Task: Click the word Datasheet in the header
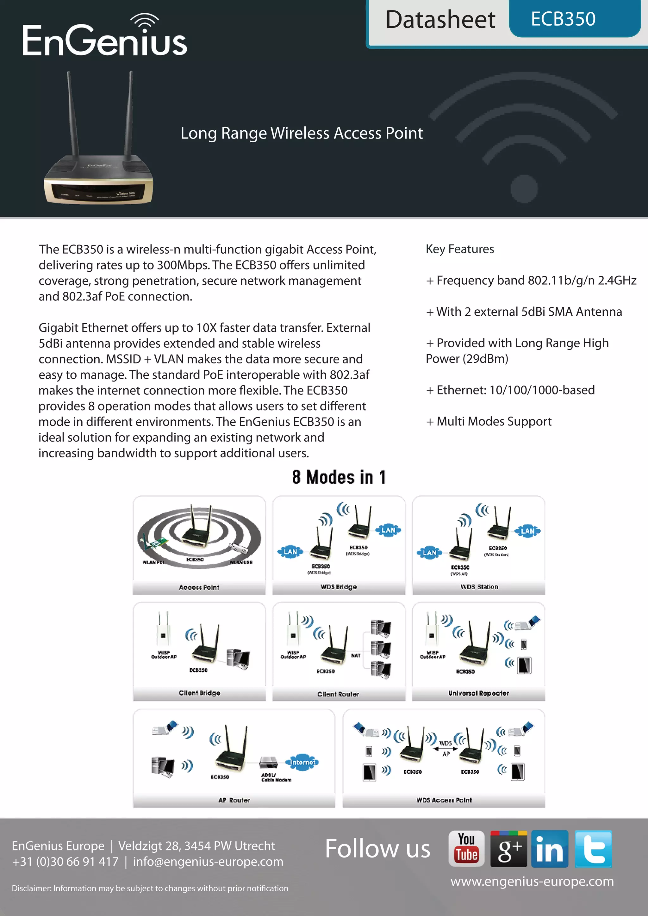pyautogui.click(x=440, y=20)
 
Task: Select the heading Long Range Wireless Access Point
pyautogui.click(x=301, y=133)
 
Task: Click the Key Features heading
pyautogui.click(x=460, y=249)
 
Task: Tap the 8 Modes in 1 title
pyautogui.click(x=339, y=477)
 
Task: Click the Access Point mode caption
pyautogui.click(x=199, y=587)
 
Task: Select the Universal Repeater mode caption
pyautogui.click(x=478, y=693)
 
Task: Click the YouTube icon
pyautogui.click(x=466, y=849)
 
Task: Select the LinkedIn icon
pyautogui.click(x=550, y=849)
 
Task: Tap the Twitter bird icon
pyautogui.click(x=593, y=849)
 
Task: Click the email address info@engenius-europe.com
pyautogui.click(x=208, y=862)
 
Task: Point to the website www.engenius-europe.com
pyautogui.click(x=532, y=881)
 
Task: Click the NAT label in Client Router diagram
pyautogui.click(x=356, y=655)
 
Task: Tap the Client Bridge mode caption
pyautogui.click(x=199, y=693)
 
